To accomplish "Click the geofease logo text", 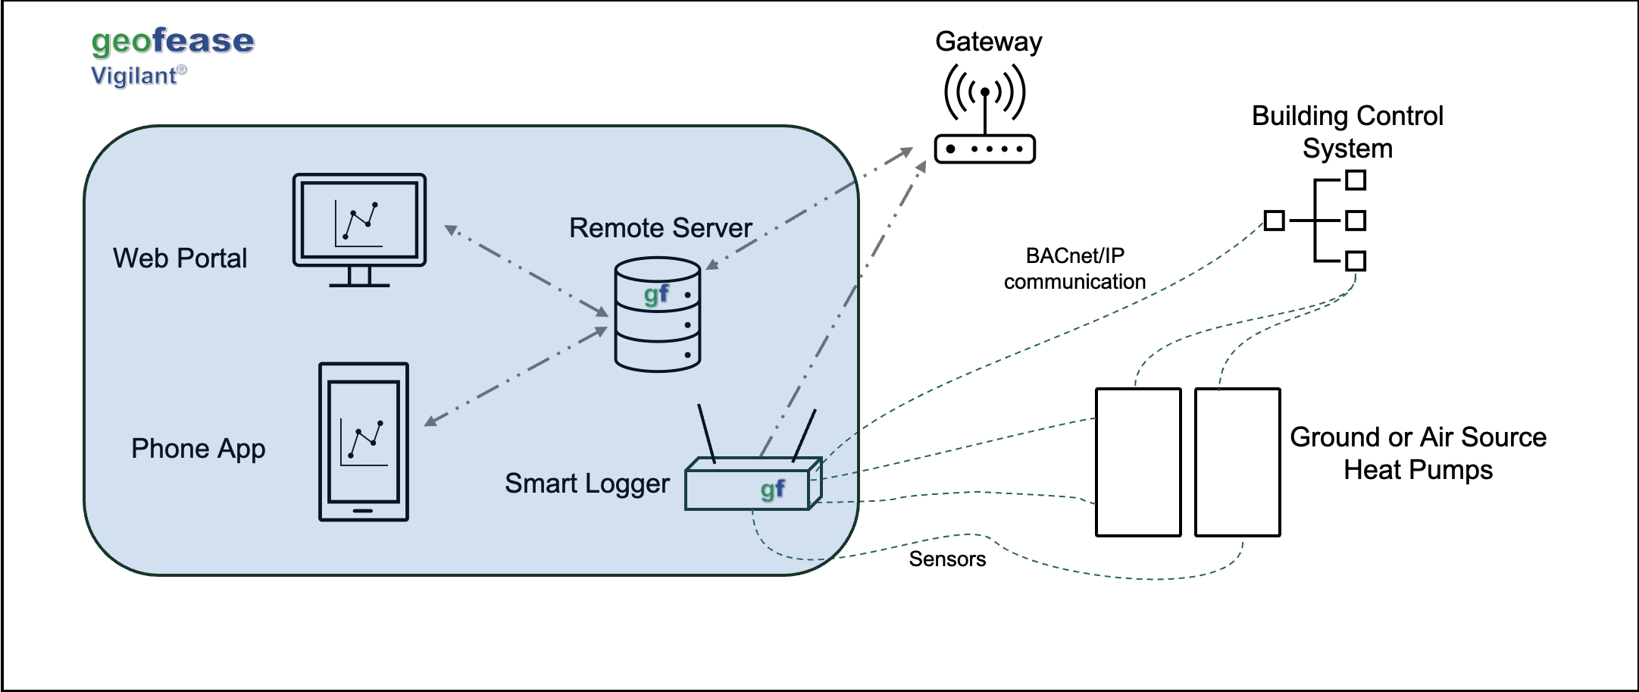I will (173, 41).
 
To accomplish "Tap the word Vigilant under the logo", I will (133, 76).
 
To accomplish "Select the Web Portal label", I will (180, 258).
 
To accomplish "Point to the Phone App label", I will (198, 449).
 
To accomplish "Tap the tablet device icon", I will (364, 442).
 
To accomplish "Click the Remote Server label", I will (660, 228).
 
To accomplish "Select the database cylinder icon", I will (657, 315).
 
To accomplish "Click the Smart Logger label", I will (586, 484).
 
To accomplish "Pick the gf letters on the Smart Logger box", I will (772, 490).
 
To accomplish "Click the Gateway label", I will (988, 42).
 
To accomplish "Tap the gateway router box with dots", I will (984, 149).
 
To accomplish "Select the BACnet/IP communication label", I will (1074, 269).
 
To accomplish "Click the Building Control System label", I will (1347, 132).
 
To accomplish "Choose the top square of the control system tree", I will (1356, 180).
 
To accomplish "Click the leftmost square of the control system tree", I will (1275, 221).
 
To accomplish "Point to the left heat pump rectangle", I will (1138, 462).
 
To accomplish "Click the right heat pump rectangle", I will (1237, 462).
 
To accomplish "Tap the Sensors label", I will (947, 559).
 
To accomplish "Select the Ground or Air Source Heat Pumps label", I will (1418, 453).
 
